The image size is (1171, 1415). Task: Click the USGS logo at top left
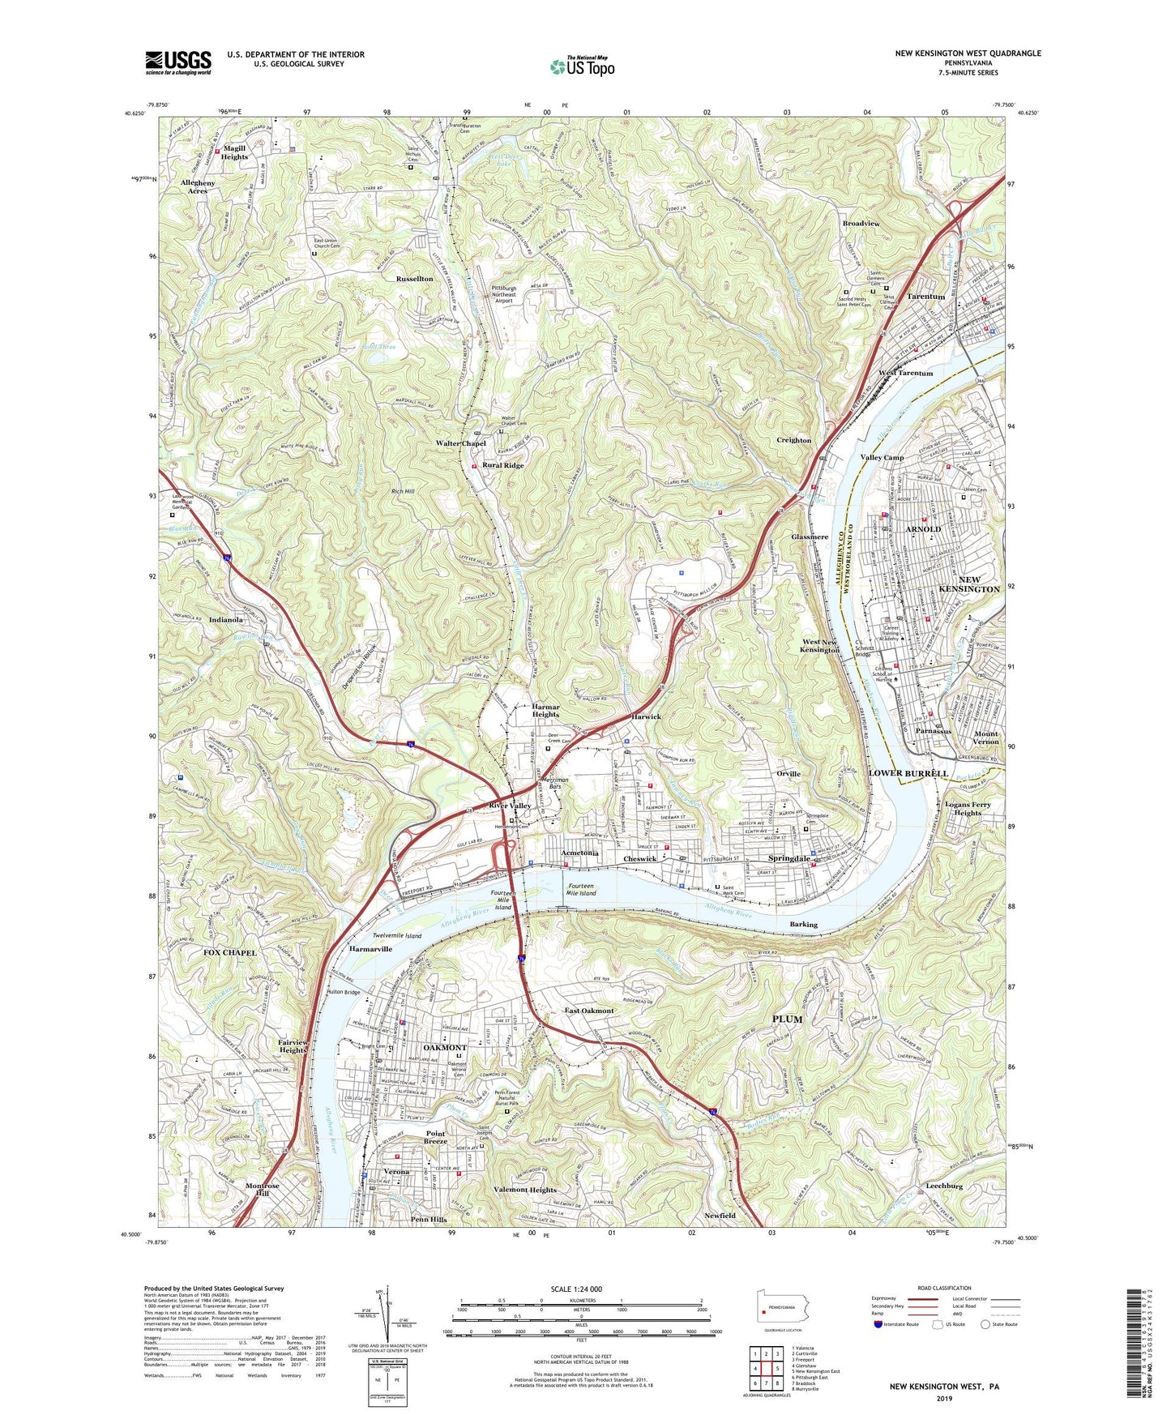point(178,62)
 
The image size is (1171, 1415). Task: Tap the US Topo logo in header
point(582,66)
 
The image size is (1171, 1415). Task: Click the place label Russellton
point(414,279)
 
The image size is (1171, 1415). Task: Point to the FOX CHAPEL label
point(229,952)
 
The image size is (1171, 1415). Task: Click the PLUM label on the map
point(786,1019)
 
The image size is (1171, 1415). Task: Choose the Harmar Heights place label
point(545,711)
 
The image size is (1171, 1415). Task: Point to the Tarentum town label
point(925,297)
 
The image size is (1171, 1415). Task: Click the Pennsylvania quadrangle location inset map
point(782,1307)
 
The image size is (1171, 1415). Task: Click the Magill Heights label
point(234,152)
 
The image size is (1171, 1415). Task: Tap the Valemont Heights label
point(524,1190)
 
